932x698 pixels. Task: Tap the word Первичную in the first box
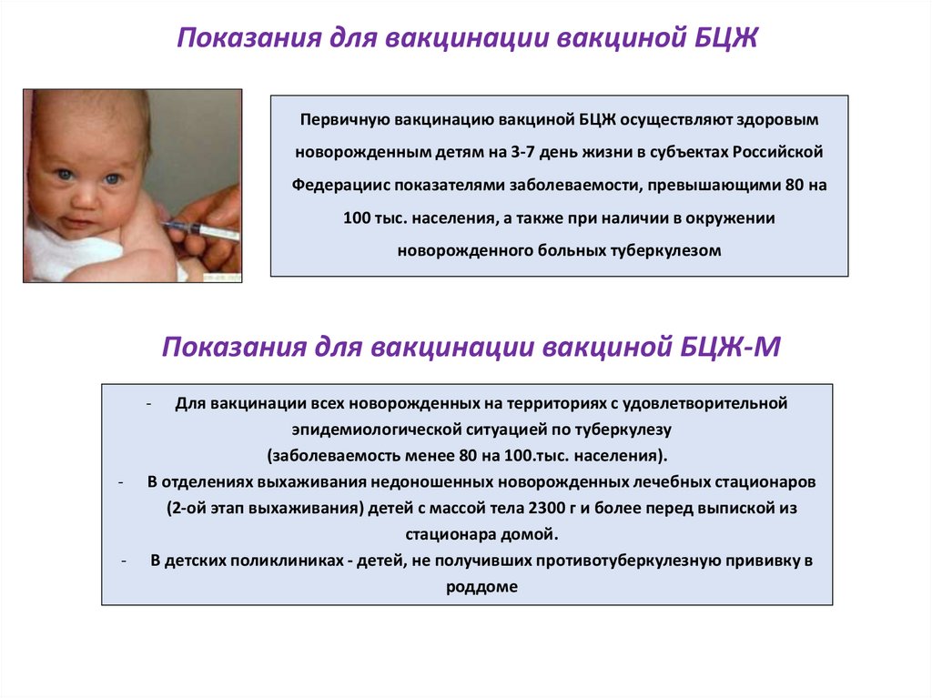click(x=339, y=119)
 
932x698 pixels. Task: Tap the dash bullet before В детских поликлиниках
click(x=123, y=561)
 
